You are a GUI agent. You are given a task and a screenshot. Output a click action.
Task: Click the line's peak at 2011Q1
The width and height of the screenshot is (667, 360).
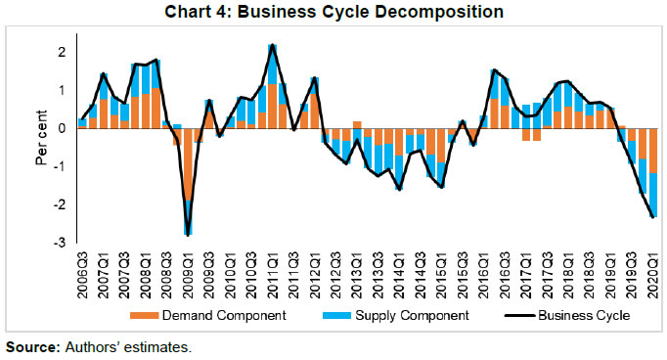272,45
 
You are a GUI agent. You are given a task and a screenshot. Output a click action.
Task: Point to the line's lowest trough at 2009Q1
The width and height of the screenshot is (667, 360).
188,235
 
